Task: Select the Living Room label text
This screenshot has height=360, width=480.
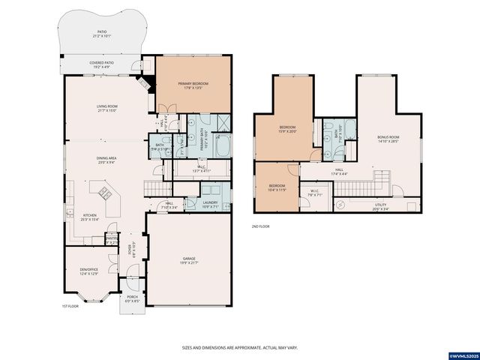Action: click(x=106, y=106)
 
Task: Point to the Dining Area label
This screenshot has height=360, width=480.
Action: click(x=105, y=158)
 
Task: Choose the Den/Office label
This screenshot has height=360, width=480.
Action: click(x=88, y=269)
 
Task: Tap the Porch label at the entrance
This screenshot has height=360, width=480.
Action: click(x=132, y=297)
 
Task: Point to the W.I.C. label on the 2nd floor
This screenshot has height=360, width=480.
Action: click(x=314, y=190)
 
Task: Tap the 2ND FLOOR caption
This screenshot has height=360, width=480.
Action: click(x=260, y=226)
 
